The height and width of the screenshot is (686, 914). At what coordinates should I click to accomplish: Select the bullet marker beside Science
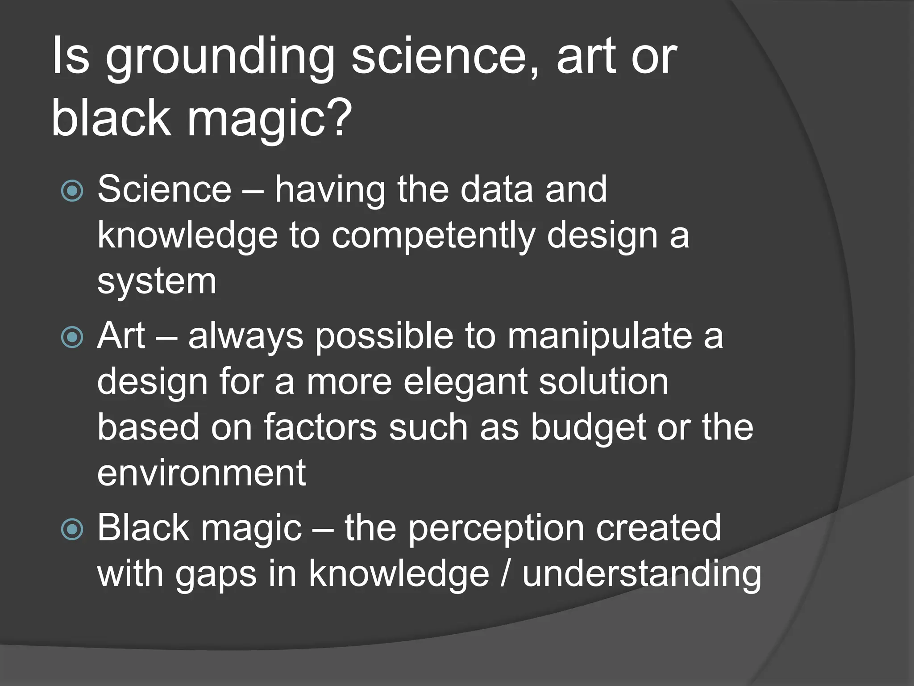pos(72,191)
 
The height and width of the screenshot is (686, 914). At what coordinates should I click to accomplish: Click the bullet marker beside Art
pos(72,337)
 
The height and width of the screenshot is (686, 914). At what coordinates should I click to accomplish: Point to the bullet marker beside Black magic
pos(72,530)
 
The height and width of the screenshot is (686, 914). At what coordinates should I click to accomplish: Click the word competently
pos(433,236)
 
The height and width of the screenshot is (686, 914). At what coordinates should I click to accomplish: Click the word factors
pos(320,427)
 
